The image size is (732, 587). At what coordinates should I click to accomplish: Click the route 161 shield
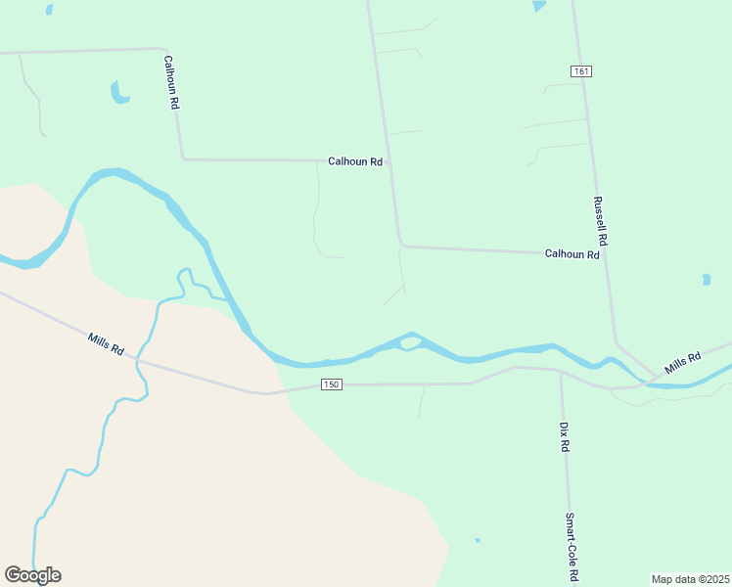[x=581, y=71]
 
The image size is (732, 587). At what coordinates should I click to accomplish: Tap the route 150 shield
[x=332, y=384]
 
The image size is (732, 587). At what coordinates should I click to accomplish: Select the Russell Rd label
[x=601, y=221]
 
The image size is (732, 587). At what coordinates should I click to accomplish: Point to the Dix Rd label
[x=564, y=436]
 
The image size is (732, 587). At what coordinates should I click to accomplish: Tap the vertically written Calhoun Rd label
[x=172, y=81]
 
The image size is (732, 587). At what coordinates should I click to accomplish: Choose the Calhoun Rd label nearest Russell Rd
[x=572, y=254]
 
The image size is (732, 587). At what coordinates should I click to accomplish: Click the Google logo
[x=32, y=575]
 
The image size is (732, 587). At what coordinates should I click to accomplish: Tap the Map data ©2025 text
[x=690, y=579]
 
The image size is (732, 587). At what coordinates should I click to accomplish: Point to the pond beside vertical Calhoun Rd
[x=118, y=93]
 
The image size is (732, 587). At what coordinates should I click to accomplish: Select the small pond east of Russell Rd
[x=707, y=280]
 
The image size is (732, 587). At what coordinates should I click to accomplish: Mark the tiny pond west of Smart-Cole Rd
[x=477, y=540]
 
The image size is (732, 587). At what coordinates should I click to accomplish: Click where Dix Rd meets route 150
[x=560, y=372]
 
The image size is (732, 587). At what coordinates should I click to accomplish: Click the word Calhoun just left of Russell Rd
[x=564, y=254]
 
